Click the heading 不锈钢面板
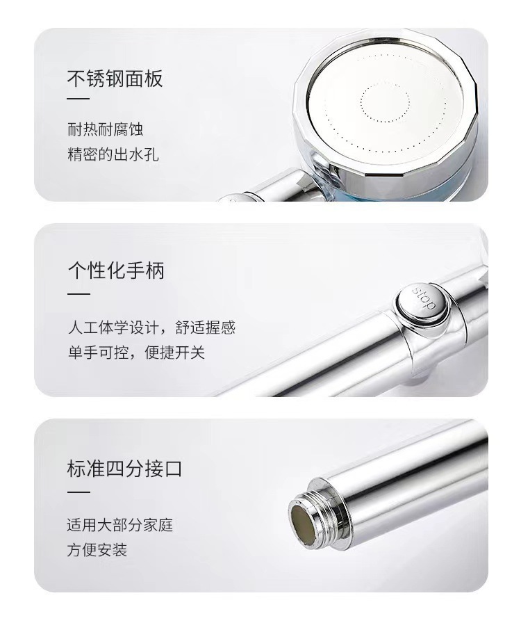point(115,79)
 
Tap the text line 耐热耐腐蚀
point(105,129)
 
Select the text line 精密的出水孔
point(113,154)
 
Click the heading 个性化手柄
point(115,270)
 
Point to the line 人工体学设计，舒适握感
point(151,327)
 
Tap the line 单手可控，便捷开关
point(136,352)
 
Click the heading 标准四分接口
point(124,468)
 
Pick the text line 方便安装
point(97,550)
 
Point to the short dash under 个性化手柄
point(78,293)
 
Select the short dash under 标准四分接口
point(78,492)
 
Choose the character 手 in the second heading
point(135,270)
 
